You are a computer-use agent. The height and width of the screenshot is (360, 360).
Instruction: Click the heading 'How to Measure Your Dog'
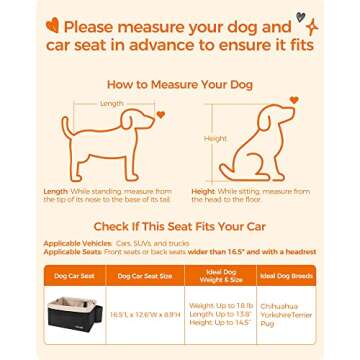click(180, 85)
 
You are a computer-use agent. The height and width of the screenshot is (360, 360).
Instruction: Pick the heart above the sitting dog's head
click(292, 98)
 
